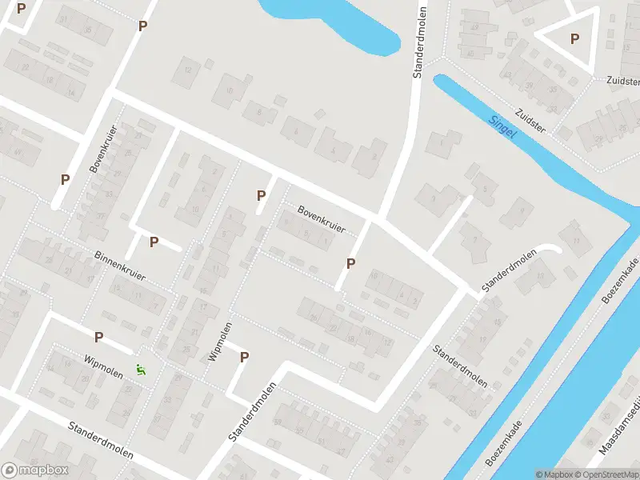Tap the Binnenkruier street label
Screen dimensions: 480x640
pyautogui.click(x=120, y=266)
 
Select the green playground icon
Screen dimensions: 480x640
pyautogui.click(x=142, y=370)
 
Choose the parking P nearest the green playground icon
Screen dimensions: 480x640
pyautogui.click(x=99, y=338)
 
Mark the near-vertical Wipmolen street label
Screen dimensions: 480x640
pyautogui.click(x=214, y=342)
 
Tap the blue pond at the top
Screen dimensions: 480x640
pyautogui.click(x=336, y=20)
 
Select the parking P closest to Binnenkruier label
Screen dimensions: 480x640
pyautogui.click(x=154, y=242)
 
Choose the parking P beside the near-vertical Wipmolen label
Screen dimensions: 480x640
pyautogui.click(x=245, y=358)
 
